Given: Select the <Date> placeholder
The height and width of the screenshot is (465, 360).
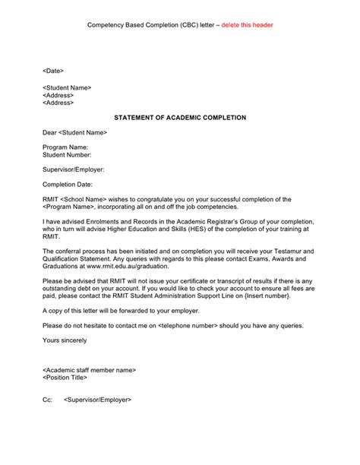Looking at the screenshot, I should click(53, 70).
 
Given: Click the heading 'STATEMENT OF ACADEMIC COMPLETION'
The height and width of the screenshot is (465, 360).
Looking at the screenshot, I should click(180, 119).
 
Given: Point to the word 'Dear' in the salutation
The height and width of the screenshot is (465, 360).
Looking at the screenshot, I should click(50, 133).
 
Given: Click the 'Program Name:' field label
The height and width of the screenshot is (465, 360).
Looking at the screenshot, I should click(66, 147).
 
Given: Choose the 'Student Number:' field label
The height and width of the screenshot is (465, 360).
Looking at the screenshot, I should click(69, 154).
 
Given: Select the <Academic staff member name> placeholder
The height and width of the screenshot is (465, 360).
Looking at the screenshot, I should click(90, 370).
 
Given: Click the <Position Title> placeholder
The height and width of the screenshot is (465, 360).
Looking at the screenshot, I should click(65, 378).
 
